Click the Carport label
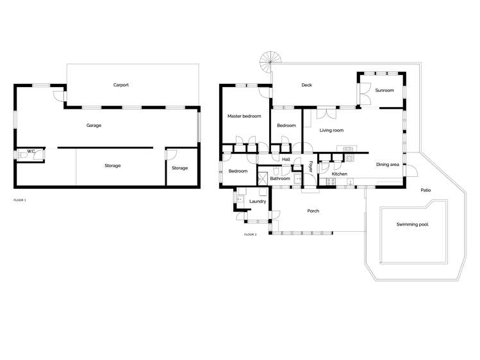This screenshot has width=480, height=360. pyautogui.click(x=121, y=85)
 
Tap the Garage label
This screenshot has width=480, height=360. pyautogui.click(x=94, y=126)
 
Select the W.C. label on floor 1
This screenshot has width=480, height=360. pyautogui.click(x=30, y=152)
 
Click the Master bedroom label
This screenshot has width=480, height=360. pyautogui.click(x=244, y=116)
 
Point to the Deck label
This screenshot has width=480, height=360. pyautogui.click(x=306, y=85)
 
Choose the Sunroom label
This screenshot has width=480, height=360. pyautogui.click(x=385, y=90)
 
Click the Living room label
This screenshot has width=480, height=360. pyautogui.click(x=331, y=130)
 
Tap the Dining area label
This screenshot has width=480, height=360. pyautogui.click(x=387, y=165)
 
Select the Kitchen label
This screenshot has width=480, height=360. pyautogui.click(x=340, y=174)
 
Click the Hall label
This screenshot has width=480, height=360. pyautogui.click(x=286, y=159)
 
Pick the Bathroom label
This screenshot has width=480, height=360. pyautogui.click(x=280, y=179)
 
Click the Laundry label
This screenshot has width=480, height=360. pyautogui.click(x=258, y=201)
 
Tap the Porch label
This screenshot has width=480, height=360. pyautogui.click(x=313, y=211)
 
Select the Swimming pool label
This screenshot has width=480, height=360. pyautogui.click(x=412, y=225)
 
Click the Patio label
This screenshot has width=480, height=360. pyautogui.click(x=426, y=190)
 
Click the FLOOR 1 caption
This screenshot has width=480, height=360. pyautogui.click(x=20, y=200)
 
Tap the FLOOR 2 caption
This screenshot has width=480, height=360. pyautogui.click(x=250, y=234)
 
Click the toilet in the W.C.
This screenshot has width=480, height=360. pyautogui.click(x=22, y=155)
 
